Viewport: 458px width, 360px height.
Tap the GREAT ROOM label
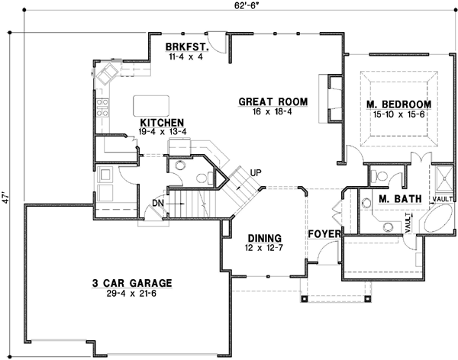click(273, 101)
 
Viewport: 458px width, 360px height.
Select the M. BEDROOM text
click(398, 104)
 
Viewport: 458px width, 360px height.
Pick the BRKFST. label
click(184, 46)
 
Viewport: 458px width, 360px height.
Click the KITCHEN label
click(160, 122)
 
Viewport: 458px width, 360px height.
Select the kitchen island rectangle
click(151, 104)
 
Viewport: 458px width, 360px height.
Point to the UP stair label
click(256, 172)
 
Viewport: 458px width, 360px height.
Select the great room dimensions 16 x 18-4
click(273, 111)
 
